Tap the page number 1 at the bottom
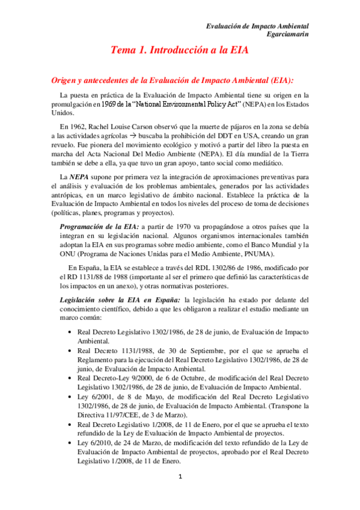click(x=179, y=477)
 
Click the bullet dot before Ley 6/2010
click(x=72, y=443)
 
